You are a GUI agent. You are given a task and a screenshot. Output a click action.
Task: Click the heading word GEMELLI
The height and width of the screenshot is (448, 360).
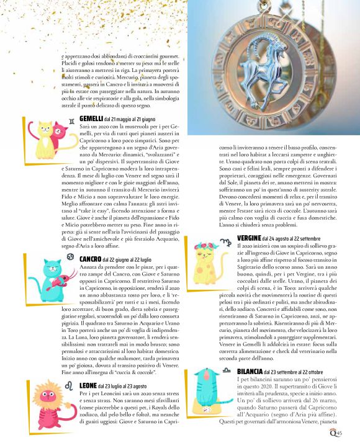point(91,118)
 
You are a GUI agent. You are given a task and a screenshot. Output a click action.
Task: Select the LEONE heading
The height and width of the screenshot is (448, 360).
point(88,386)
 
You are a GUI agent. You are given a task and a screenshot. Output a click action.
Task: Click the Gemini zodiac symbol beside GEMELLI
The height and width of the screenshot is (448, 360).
point(73,119)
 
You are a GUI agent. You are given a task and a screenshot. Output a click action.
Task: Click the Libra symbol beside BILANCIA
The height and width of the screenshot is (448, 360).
point(230,371)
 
